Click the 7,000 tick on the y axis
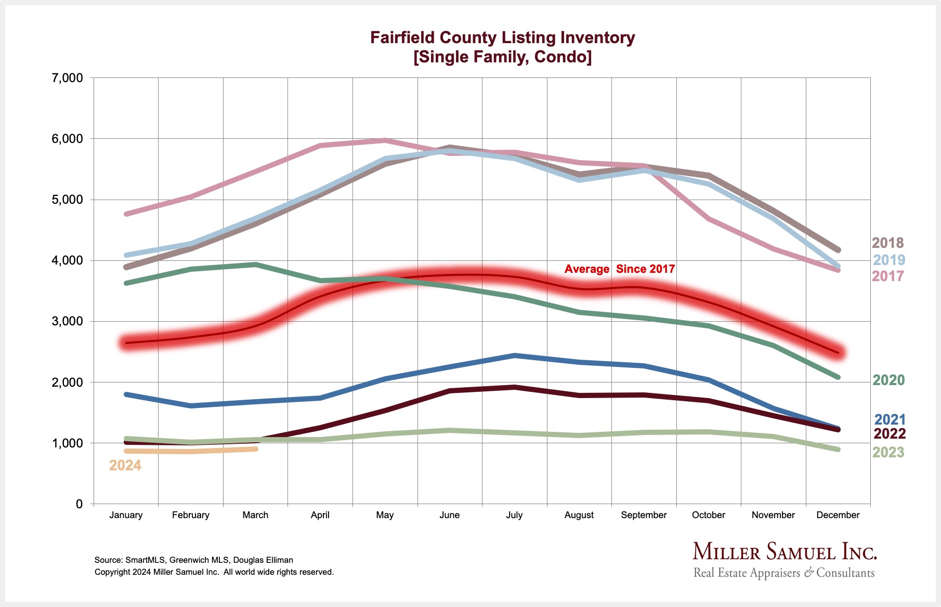(67, 78)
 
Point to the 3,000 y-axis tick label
(67, 321)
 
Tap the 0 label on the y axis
(79, 504)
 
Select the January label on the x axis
(126, 515)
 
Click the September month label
(644, 515)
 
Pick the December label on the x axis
(838, 515)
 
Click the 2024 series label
(125, 465)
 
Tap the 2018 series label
(887, 243)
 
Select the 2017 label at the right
(887, 276)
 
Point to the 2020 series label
(888, 380)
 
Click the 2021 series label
(890, 419)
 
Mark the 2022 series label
(890, 433)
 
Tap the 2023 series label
(888, 452)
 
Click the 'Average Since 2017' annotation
(619, 269)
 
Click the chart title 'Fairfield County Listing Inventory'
(502, 37)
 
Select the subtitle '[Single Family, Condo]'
(502, 57)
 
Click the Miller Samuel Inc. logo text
(785, 552)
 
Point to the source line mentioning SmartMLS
(193, 560)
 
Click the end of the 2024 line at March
(255, 449)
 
